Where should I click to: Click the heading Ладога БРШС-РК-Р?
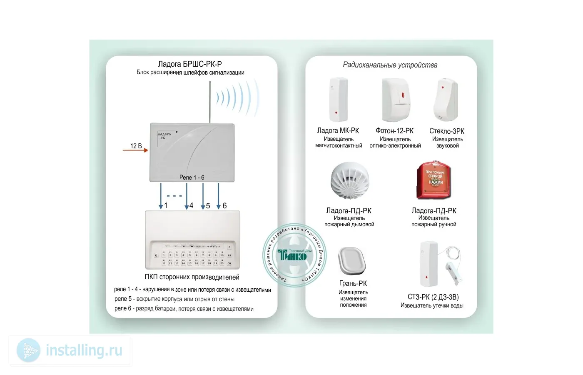pos(190,64)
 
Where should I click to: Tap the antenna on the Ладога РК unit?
pos(210,102)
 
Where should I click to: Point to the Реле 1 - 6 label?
pos(192,177)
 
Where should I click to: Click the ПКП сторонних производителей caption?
pos(192,277)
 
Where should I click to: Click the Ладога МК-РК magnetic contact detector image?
pos(338,100)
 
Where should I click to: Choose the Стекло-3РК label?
pos(447,131)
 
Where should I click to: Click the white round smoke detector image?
pos(349,182)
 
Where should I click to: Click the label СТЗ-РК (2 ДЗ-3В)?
pos(433,297)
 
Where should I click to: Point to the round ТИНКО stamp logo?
pos(294,255)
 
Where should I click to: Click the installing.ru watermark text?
pos(84,350)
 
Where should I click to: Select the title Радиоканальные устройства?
pos(390,65)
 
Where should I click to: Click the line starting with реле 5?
pos(174,299)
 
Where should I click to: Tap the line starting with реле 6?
pos(184,309)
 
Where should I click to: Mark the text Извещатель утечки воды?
pos(432,305)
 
